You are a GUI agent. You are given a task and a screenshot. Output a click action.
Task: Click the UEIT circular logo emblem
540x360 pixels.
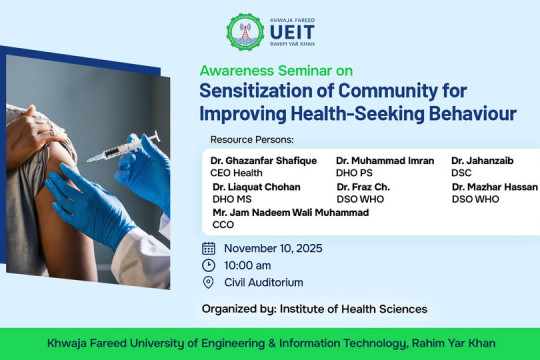[x=246, y=31]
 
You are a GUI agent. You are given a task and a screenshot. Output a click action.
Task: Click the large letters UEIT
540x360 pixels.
[x=291, y=33]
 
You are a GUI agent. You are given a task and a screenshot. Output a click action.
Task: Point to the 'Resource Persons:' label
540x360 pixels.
[x=252, y=139]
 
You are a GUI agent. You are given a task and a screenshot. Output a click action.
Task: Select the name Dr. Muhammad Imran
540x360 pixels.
[x=385, y=160]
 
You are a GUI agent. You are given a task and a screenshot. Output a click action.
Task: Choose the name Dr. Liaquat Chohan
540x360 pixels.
[x=256, y=187]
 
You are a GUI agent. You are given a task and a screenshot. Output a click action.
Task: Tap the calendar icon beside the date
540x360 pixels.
[x=208, y=248]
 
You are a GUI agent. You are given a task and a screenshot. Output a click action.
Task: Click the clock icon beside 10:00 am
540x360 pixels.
[x=208, y=265]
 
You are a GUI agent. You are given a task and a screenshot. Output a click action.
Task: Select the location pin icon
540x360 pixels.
[x=208, y=283]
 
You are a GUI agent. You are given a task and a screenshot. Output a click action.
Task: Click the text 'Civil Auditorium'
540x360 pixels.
[x=263, y=283]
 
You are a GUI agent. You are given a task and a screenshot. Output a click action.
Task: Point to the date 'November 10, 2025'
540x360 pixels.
[x=273, y=248]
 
